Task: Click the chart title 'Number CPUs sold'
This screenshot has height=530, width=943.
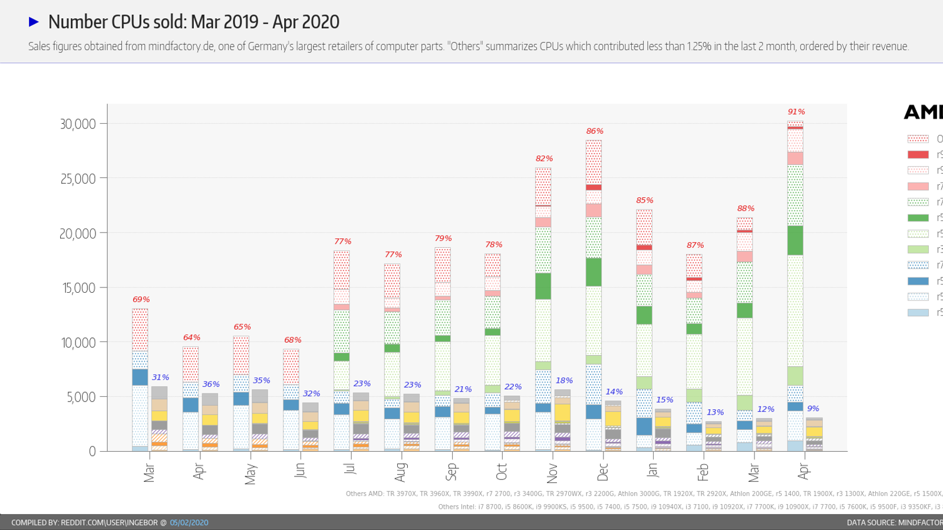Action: click(193, 22)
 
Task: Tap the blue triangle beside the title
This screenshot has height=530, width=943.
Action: click(34, 22)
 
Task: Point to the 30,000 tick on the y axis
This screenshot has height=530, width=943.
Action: click(78, 124)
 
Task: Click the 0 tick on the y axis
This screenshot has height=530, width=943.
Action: click(92, 452)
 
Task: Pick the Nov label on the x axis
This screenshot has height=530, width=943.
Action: click(552, 472)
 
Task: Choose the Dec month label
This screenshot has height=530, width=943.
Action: click(602, 472)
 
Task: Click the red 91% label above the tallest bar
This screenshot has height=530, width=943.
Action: click(796, 112)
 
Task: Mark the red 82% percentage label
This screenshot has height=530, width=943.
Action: click(544, 159)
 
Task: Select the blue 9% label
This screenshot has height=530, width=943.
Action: click(813, 409)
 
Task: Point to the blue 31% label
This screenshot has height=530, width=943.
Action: click(160, 377)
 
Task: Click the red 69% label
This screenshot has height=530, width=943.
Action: click(141, 300)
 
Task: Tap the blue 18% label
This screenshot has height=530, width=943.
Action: click(564, 381)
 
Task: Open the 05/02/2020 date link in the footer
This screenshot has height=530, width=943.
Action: click(189, 523)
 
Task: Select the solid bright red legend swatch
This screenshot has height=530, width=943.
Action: click(918, 154)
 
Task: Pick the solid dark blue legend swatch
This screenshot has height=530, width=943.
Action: click(918, 281)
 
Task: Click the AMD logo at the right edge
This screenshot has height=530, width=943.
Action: click(924, 112)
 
